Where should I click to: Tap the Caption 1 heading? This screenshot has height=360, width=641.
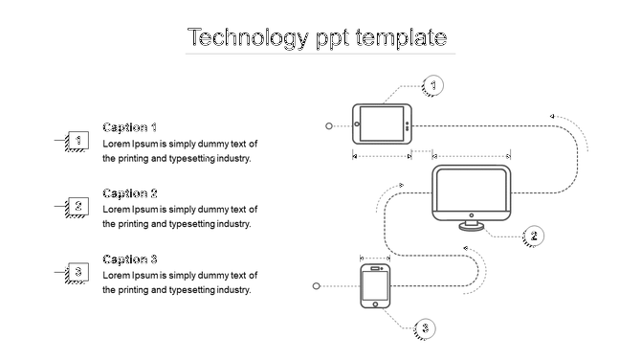click(x=129, y=127)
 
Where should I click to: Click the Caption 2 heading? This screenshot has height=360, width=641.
click(x=129, y=193)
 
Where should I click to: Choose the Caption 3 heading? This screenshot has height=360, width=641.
click(x=129, y=259)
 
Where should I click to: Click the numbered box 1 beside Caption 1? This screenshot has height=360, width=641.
click(x=77, y=142)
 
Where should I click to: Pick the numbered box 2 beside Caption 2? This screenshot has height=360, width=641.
click(x=77, y=207)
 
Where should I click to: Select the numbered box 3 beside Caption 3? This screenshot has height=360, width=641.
click(x=77, y=273)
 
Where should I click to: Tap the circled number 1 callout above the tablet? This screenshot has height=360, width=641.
click(x=433, y=86)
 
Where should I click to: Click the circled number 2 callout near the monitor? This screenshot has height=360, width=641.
click(x=535, y=236)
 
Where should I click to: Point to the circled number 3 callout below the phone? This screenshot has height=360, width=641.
click(x=426, y=329)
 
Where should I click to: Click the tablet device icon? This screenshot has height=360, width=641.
click(x=382, y=124)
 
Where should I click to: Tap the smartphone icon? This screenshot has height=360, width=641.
click(x=375, y=286)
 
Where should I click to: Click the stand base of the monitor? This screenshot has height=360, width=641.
click(x=472, y=227)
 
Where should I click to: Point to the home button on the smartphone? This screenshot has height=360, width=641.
click(x=375, y=304)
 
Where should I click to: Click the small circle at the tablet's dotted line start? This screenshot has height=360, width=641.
click(x=330, y=125)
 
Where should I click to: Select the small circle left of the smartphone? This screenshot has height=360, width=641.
click(x=318, y=285)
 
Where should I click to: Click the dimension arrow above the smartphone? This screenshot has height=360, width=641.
click(x=375, y=258)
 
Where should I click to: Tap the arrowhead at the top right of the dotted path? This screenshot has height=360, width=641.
click(x=552, y=117)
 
